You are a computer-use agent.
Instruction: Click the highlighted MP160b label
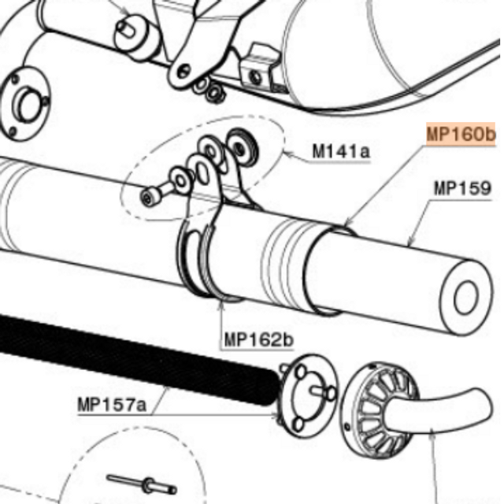pos(461,135)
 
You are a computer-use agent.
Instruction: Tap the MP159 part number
pos(462,189)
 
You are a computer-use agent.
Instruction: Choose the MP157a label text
pos(112,406)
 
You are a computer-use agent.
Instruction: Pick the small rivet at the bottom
pos(129,482)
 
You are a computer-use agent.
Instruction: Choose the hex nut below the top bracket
pos(212,93)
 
